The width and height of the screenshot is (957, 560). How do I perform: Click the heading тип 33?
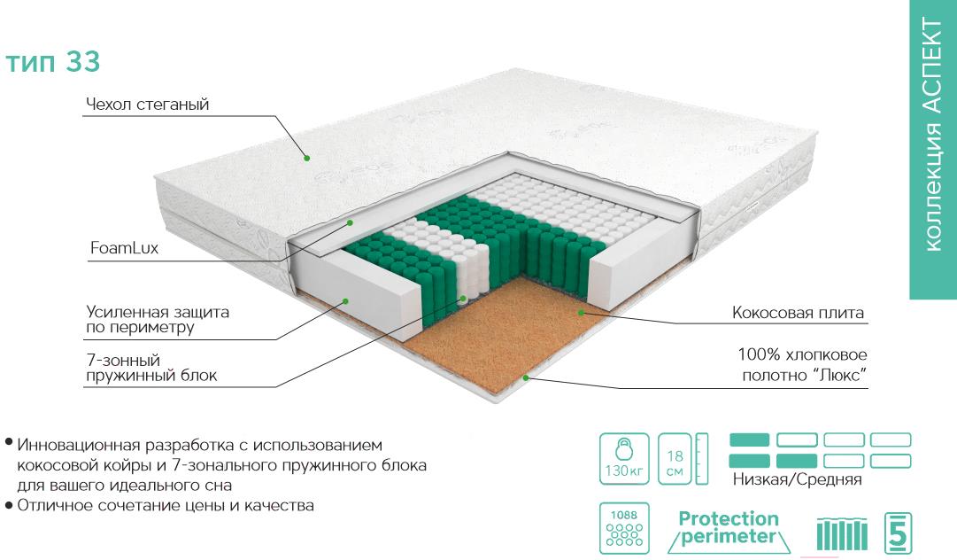point(54,63)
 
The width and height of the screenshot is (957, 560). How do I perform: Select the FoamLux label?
point(123,248)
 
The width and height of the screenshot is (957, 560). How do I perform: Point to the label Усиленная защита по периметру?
point(157,321)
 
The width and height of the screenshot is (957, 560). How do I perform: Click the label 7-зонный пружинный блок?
point(151,368)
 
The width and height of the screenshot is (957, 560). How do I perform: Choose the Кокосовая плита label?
point(798,314)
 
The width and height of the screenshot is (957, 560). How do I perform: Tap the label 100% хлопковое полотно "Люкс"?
point(801,366)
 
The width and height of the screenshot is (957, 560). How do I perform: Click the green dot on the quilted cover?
point(306,159)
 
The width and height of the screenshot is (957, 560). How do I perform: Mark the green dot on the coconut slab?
point(581,312)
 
